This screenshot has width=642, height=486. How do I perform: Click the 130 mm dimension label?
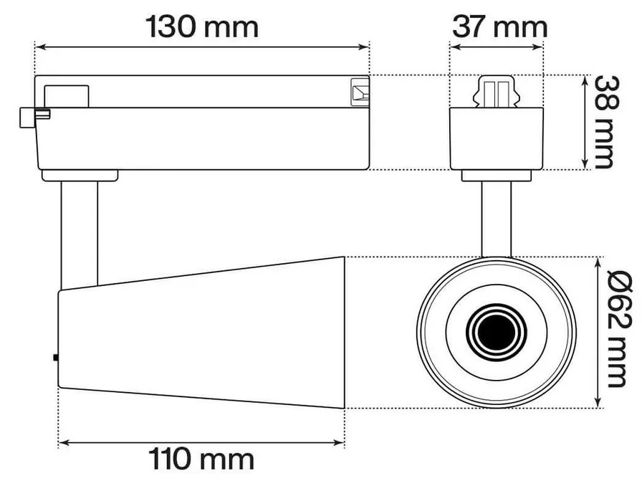click(x=202, y=27)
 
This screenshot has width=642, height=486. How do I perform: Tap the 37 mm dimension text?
click(x=499, y=27)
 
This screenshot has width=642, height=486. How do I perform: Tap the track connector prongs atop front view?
click(x=496, y=92)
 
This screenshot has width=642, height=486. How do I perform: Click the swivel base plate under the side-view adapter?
click(x=80, y=175)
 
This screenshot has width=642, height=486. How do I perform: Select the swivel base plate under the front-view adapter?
click(x=497, y=175)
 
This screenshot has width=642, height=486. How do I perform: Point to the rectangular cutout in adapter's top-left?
click(x=67, y=95)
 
